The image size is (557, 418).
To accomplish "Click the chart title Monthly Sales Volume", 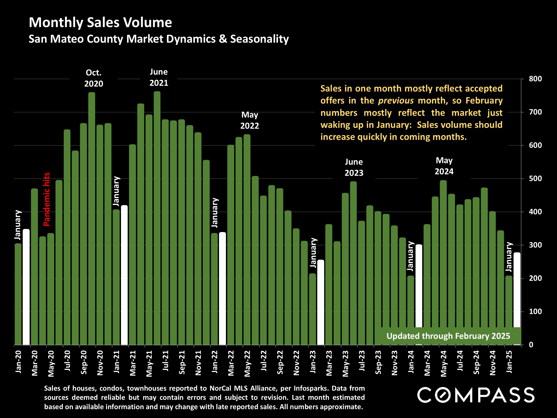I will (100, 23).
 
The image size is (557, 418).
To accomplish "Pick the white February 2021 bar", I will (124, 275).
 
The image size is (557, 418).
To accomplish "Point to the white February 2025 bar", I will (517, 290).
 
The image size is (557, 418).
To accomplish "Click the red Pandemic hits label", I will (47, 199).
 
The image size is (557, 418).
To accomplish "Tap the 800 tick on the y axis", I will (535, 79).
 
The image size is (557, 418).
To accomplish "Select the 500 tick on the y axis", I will (535, 179).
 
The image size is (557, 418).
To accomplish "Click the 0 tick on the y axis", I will (531, 345).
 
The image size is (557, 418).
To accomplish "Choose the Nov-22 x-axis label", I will (296, 363).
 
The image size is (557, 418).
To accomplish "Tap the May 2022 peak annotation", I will (250, 120).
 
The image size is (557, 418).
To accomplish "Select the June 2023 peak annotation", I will (354, 167).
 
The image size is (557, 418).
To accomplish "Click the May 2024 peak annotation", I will (444, 166).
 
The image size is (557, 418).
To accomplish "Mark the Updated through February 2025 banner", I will (448, 336).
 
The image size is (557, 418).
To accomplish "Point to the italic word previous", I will (396, 101).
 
